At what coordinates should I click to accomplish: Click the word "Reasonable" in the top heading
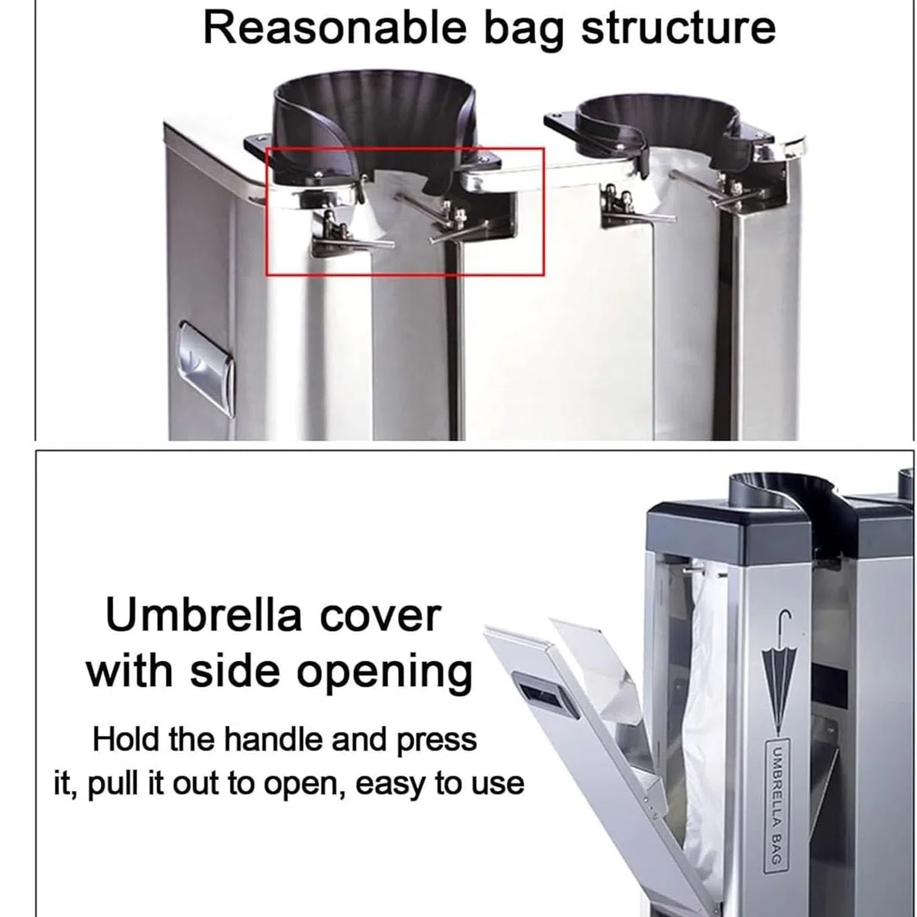tap(335, 28)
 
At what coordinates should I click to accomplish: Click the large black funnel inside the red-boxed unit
tap(376, 128)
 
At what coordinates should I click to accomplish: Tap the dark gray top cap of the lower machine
tap(728, 528)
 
